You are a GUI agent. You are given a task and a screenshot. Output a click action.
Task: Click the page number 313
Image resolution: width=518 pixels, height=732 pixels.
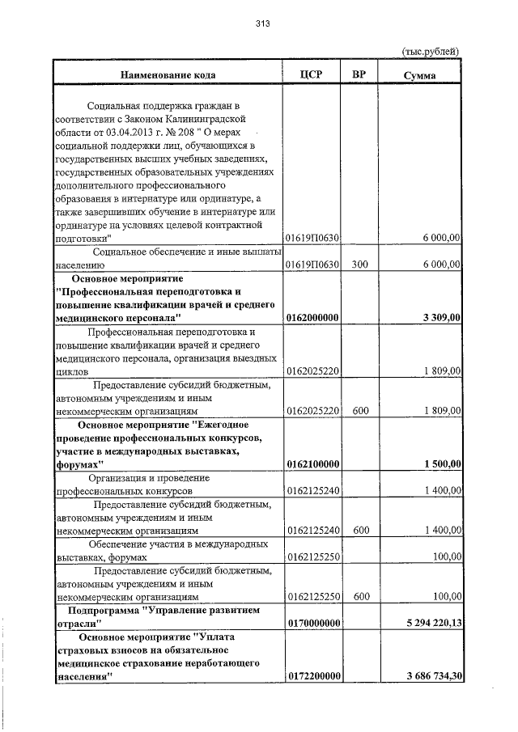pos(261,23)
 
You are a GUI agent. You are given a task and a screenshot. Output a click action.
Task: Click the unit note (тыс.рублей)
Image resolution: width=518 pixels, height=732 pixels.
pos(431,51)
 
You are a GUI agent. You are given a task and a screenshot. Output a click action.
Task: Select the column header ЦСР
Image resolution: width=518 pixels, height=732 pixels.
pos(311,74)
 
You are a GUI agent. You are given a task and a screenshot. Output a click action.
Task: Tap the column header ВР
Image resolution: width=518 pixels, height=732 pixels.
pos(360,74)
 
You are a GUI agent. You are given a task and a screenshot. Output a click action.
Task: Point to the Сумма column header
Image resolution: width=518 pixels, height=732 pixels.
pos(420,75)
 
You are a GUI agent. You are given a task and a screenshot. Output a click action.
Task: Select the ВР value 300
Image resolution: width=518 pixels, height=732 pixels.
pos(360,264)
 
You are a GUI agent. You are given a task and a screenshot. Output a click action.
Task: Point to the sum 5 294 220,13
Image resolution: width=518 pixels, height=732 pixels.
pos(429,623)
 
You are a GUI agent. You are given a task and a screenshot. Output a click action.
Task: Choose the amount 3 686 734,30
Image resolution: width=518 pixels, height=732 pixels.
pos(429,676)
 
